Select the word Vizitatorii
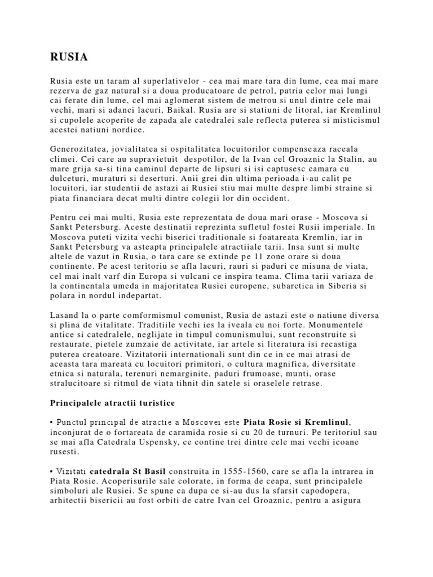coord(178,354)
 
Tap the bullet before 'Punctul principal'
coord(51,423)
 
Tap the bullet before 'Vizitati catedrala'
coord(51,471)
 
